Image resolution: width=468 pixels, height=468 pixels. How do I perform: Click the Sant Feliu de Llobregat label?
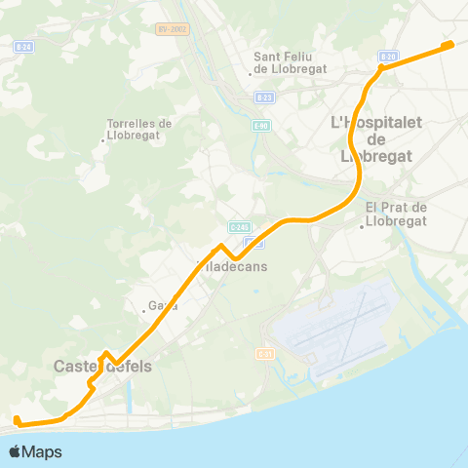click(284, 61)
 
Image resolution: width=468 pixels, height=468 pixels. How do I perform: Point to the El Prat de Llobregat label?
click(397, 213)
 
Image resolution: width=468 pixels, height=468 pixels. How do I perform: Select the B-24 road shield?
click(23, 47)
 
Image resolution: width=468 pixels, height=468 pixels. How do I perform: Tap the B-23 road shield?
click(264, 97)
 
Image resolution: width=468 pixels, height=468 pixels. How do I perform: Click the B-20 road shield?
click(389, 58)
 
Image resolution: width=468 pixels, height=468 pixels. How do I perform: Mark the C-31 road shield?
click(264, 352)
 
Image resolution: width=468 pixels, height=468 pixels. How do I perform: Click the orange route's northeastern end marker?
click(448, 44)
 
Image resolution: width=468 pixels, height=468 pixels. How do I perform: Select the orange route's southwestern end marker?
click(17, 420)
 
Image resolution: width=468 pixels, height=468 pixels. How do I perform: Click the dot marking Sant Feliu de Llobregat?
click(252, 72)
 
